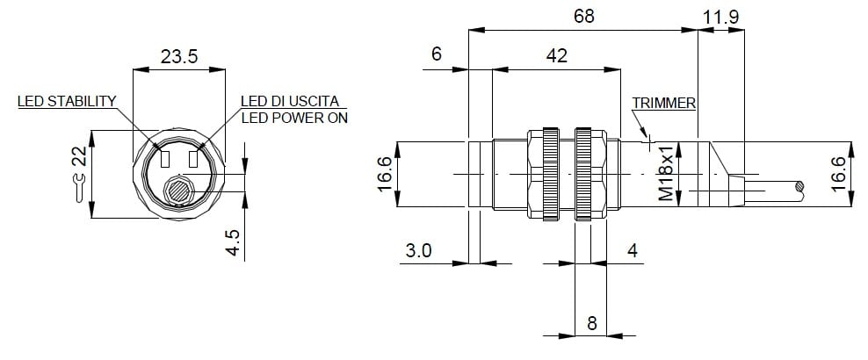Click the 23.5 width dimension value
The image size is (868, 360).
[x=179, y=56]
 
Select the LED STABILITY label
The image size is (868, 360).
[x=67, y=101]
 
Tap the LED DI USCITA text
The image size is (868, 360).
[x=289, y=101]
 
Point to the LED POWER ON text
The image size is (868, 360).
[x=294, y=118]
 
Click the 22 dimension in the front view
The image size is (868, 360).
[x=80, y=156]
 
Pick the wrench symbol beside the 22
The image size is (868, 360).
[x=80, y=188]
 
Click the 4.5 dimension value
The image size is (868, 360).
[x=235, y=242]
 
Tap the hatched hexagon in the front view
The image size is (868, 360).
[x=179, y=191]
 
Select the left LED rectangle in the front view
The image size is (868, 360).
[x=165, y=159]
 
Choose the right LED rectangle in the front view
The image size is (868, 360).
[x=193, y=159]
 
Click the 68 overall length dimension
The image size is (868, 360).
[x=584, y=16]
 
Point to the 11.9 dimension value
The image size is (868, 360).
[x=720, y=18]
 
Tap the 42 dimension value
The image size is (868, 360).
[x=556, y=55]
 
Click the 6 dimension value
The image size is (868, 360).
[x=437, y=54]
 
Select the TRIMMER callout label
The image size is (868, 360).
[x=664, y=103]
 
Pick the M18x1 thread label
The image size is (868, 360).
[x=666, y=174]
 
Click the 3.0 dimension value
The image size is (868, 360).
[x=418, y=251]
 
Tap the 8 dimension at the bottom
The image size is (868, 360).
[x=592, y=323]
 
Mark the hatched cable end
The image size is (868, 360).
[x=799, y=186]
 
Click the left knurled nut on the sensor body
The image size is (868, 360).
[x=550, y=174]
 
